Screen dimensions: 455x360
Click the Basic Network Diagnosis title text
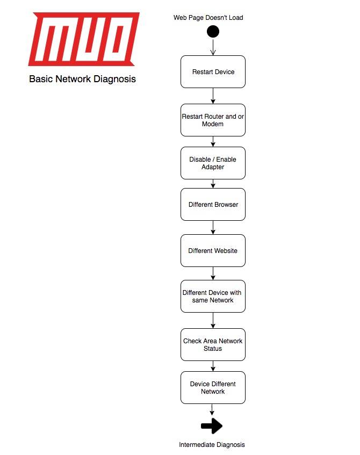(x=82, y=79)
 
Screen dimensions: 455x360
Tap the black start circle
(x=213, y=31)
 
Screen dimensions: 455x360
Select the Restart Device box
(x=213, y=71)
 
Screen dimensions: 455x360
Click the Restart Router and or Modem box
(x=213, y=120)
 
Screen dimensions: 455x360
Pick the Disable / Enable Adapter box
(x=213, y=163)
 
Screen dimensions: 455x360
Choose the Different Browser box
(x=213, y=204)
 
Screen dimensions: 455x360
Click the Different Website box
(x=213, y=250)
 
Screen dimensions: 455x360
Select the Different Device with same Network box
(x=213, y=296)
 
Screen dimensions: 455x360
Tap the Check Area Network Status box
(x=213, y=344)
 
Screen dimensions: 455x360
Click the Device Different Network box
(x=213, y=387)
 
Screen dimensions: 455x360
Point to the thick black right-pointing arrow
(x=212, y=426)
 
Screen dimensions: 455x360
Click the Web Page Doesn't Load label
(x=208, y=18)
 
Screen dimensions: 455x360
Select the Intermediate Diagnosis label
(x=212, y=445)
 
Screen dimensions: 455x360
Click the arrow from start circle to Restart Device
(x=213, y=47)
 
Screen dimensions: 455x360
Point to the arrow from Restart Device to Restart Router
(x=213, y=96)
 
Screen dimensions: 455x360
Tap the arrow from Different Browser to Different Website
(x=213, y=227)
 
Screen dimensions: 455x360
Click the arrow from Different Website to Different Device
(x=213, y=273)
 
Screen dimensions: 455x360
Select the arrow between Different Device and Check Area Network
(x=213, y=320)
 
